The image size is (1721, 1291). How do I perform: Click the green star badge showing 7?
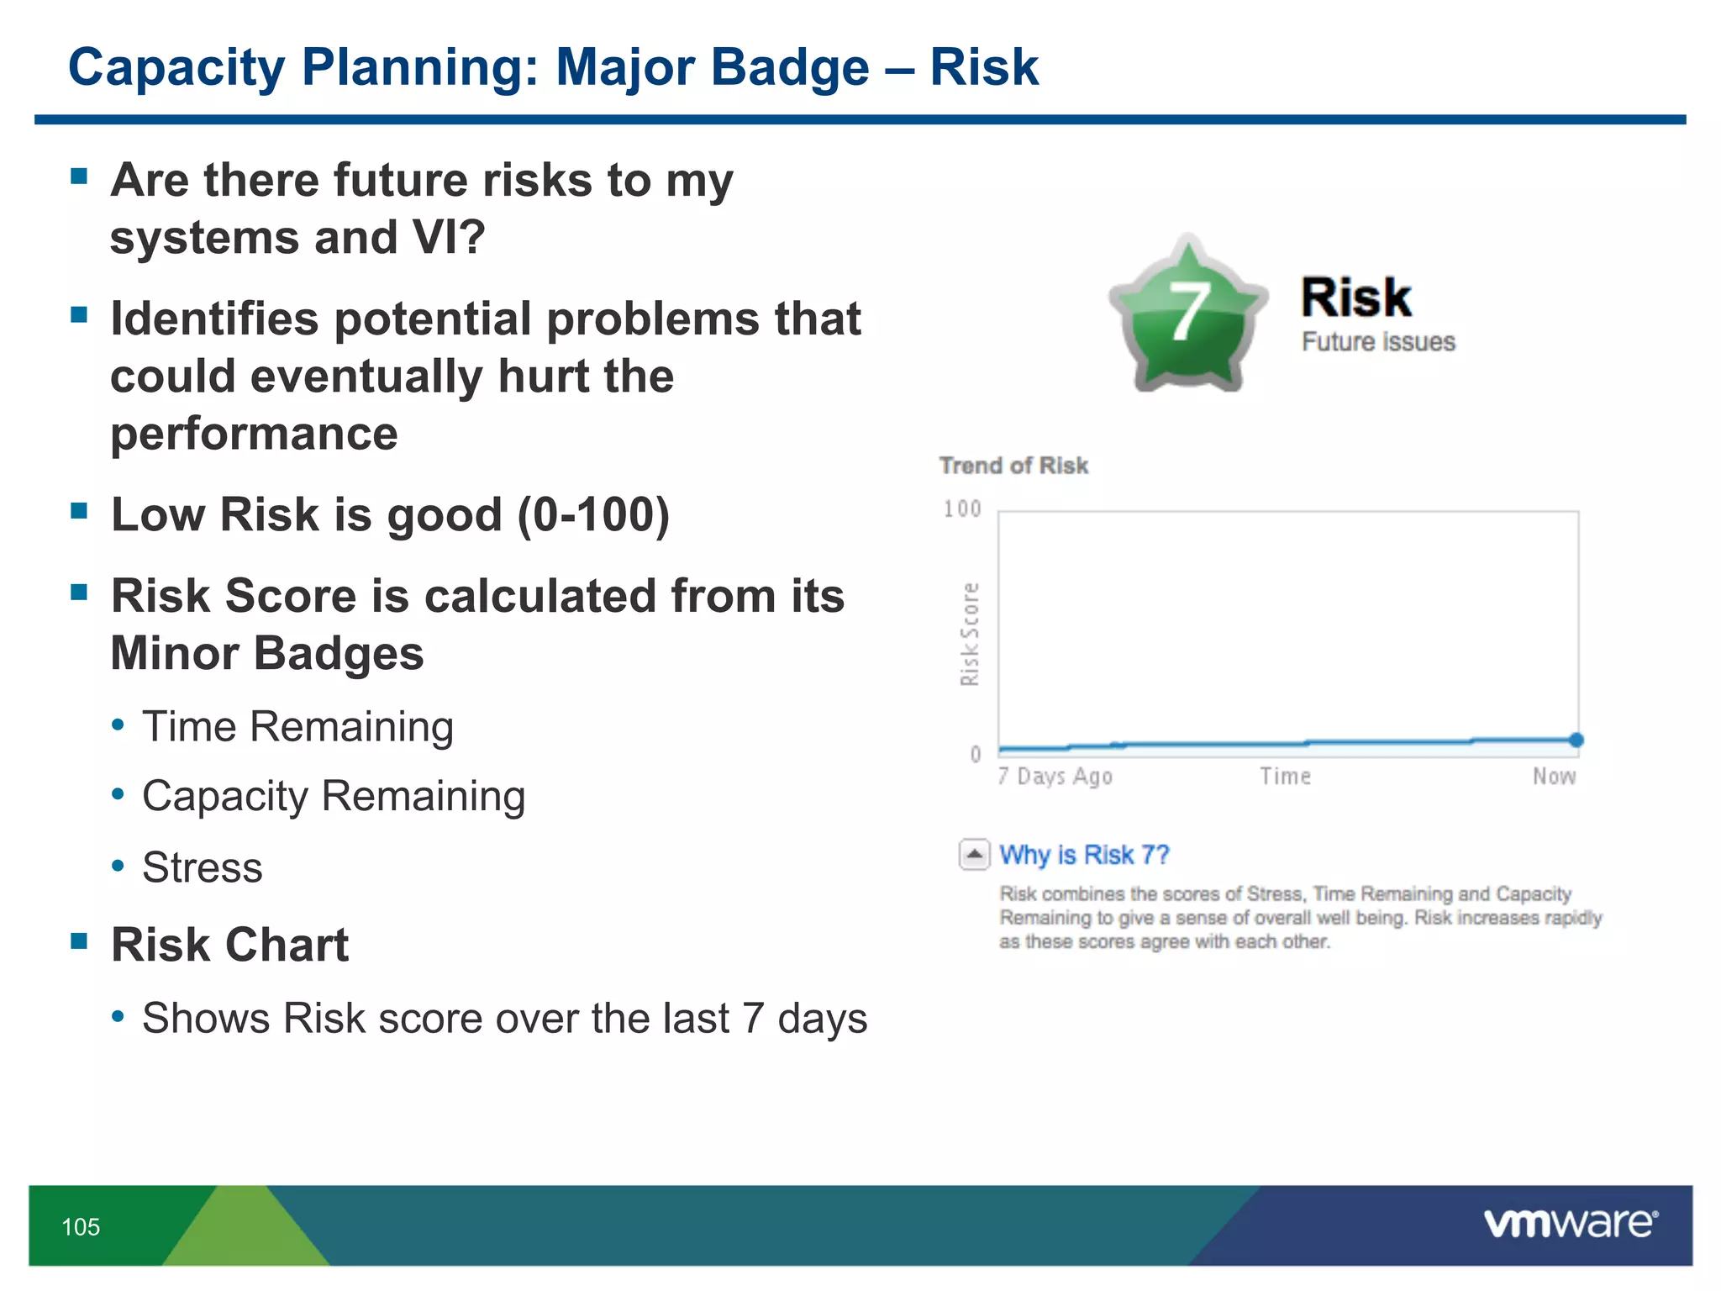click(1187, 315)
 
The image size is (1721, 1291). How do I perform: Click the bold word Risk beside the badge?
click(1355, 298)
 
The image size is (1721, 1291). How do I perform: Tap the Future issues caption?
click(1378, 342)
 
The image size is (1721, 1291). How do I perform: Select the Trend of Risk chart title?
click(1013, 466)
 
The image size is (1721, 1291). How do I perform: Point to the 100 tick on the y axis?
click(962, 509)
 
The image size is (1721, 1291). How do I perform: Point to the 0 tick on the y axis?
click(976, 754)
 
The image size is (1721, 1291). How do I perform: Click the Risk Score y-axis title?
click(970, 635)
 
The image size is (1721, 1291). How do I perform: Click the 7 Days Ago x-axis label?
click(1055, 777)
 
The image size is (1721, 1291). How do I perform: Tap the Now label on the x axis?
click(1554, 777)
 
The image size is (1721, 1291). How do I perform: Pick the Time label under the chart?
click(1285, 777)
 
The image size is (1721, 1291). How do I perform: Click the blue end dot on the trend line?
click(1576, 740)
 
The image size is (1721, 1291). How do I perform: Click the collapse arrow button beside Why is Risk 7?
click(974, 855)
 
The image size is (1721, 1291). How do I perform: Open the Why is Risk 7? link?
click(1084, 855)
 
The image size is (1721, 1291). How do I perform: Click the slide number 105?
click(81, 1227)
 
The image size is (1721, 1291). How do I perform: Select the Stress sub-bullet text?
click(203, 867)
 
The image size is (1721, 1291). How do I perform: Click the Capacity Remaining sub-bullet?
click(334, 796)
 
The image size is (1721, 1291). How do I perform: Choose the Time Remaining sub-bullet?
click(297, 727)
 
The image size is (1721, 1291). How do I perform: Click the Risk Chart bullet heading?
click(229, 945)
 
